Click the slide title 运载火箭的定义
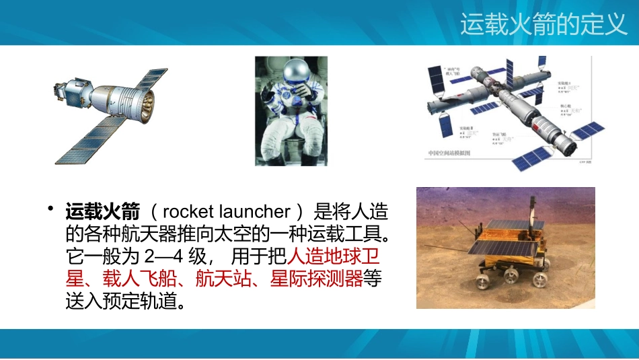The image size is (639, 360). click(543, 25)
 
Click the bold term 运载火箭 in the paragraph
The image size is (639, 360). click(102, 213)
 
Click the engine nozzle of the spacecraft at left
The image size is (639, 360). click(145, 100)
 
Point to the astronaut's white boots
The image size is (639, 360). click(291, 159)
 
